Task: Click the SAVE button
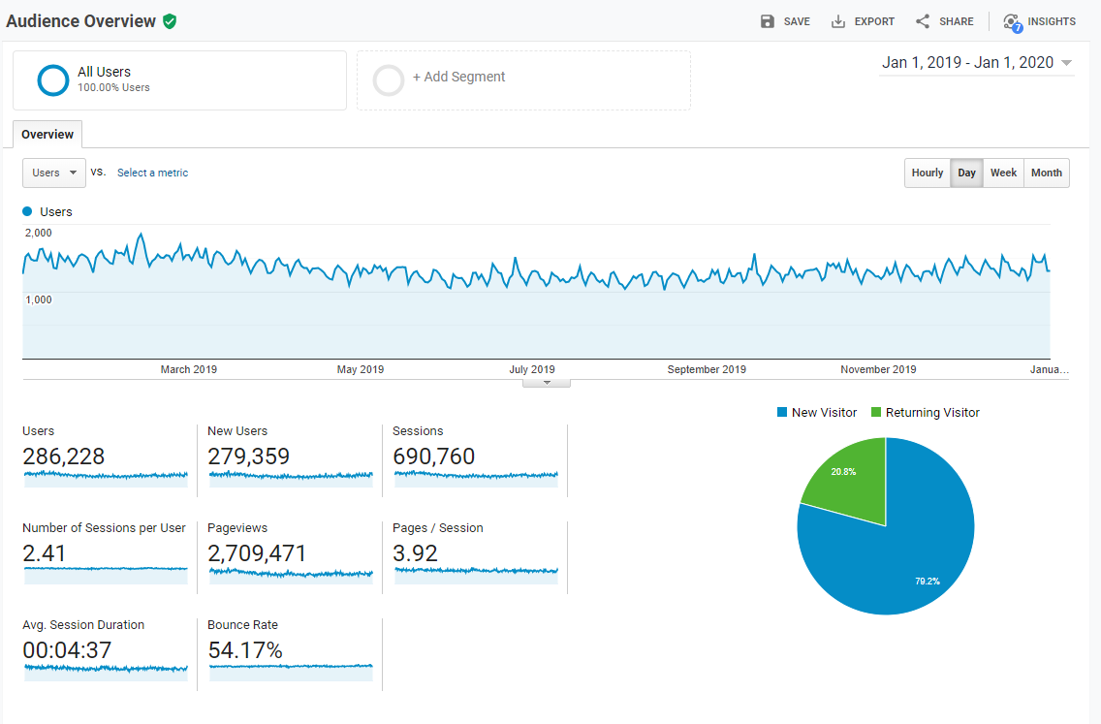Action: [x=785, y=21]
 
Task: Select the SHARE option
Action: [x=945, y=21]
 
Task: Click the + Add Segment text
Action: [x=458, y=78]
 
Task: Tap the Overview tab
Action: [x=47, y=135]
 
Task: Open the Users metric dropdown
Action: [x=54, y=173]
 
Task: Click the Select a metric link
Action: [x=152, y=173]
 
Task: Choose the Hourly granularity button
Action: [x=928, y=173]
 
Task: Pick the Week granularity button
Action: [x=1003, y=173]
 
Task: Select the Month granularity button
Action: [x=1047, y=173]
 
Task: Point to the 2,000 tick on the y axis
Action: [x=39, y=233]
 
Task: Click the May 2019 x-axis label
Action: [x=361, y=369]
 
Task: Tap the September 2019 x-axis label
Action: [x=707, y=369]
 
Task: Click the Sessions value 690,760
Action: [x=433, y=456]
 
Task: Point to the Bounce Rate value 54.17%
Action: [x=245, y=650]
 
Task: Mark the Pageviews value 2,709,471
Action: [x=257, y=553]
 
